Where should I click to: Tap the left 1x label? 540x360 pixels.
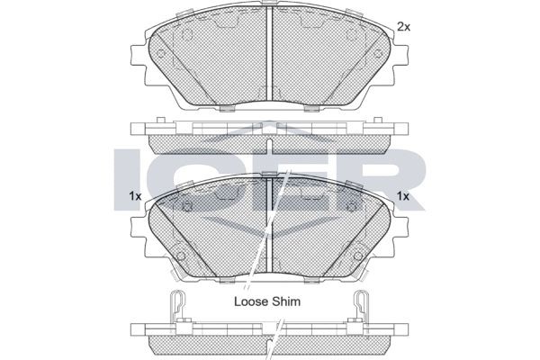(136, 196)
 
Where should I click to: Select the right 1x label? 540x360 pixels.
(403, 196)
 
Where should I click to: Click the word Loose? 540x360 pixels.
(253, 303)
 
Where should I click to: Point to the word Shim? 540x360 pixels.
(300, 303)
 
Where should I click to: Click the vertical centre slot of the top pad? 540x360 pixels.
(272, 54)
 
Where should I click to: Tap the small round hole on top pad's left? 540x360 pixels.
(187, 38)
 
